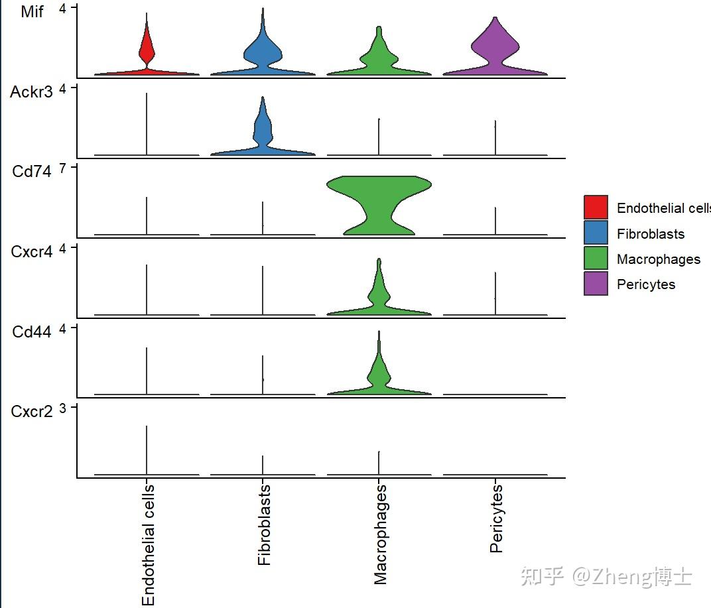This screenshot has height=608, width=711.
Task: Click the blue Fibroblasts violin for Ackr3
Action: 263,133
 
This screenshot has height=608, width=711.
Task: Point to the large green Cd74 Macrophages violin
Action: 379,206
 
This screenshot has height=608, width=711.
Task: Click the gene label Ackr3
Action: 31,92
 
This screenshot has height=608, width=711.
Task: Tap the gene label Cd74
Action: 32,171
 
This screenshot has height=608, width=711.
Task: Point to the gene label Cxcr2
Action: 32,412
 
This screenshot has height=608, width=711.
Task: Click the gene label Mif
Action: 32,12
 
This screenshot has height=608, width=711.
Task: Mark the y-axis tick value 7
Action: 63,168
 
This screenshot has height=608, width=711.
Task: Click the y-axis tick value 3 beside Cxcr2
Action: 63,408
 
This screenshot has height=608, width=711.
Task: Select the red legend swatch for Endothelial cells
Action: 596,208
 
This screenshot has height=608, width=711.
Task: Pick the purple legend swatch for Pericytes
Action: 596,284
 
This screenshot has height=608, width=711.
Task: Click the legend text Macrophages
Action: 658,259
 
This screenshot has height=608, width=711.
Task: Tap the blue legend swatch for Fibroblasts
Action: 596,233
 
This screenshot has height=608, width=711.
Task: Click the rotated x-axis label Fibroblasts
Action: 264,524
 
